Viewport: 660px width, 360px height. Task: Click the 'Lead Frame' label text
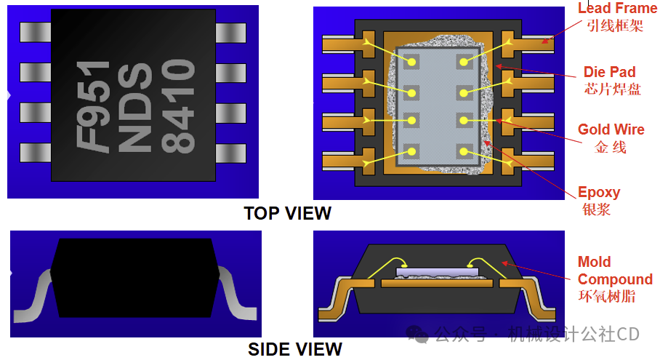point(617,8)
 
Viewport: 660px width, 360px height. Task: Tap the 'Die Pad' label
point(610,72)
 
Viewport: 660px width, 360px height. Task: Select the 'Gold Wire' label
point(611,129)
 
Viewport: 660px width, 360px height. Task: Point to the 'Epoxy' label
point(599,193)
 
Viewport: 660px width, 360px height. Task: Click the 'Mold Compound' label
point(615,271)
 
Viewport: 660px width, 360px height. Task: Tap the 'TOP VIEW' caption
point(288,214)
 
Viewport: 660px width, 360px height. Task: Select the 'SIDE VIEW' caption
point(294,350)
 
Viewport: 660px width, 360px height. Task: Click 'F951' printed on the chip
point(94,105)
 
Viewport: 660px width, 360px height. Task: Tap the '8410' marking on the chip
point(178,105)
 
